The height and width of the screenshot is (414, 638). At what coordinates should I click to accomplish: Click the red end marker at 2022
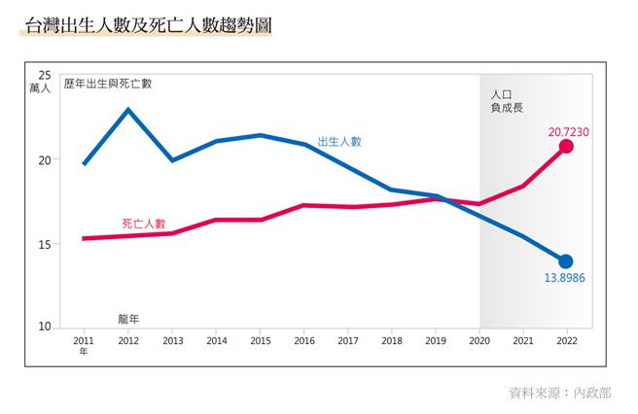tap(566, 146)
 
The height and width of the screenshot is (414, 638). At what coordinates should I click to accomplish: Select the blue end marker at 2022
tap(566, 260)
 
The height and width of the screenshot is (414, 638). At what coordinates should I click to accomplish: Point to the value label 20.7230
tap(569, 129)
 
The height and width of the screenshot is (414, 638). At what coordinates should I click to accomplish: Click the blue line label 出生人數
tap(339, 141)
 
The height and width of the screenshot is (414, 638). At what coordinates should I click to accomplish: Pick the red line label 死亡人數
tap(143, 223)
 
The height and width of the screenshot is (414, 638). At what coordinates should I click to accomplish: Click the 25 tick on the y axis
tap(45, 75)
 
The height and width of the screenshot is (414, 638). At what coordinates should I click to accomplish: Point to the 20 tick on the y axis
tap(45, 159)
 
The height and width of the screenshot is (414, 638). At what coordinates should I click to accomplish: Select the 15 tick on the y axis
tap(45, 244)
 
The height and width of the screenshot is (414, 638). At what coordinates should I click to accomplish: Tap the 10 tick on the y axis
tap(45, 327)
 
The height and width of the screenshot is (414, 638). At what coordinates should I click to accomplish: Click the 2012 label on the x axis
tap(127, 341)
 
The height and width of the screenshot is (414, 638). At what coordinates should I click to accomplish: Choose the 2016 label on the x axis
tap(304, 341)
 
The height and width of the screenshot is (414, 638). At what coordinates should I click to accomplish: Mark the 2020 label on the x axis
tap(479, 341)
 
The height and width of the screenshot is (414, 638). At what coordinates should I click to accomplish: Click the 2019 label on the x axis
tap(436, 341)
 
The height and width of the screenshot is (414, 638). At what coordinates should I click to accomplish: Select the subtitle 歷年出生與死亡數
tap(107, 84)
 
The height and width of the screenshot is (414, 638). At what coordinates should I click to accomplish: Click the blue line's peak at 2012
tap(127, 109)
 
